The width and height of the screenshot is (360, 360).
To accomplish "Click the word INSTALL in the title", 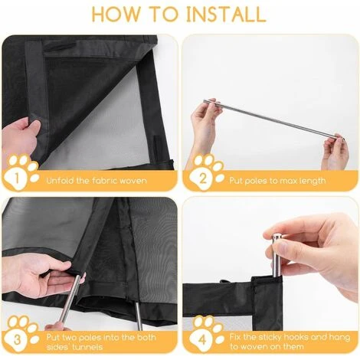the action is coord(226,14).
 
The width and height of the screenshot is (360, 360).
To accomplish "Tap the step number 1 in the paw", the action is coord(17,178).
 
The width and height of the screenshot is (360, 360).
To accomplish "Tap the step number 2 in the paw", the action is coord(202,178).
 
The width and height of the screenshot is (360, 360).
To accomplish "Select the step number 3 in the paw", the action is coord(17,340).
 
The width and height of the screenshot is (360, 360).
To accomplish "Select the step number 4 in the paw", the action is coord(202,340).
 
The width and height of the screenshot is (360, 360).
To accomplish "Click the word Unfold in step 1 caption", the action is coord(61,181).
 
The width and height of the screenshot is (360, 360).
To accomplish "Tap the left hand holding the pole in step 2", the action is coord(204,122).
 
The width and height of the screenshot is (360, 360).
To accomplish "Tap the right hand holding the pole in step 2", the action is coord(335,151).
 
